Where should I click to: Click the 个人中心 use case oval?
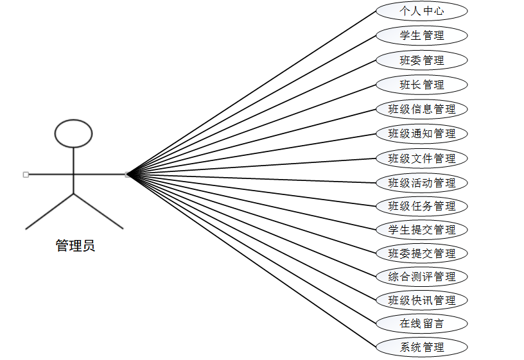click(421, 11)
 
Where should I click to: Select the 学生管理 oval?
click(421, 35)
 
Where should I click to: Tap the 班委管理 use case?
click(421, 60)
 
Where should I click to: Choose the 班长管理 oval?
click(421, 85)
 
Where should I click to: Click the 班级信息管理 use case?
click(421, 109)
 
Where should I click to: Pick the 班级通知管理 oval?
click(421, 133)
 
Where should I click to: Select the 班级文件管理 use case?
click(421, 159)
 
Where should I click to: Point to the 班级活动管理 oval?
click(421, 183)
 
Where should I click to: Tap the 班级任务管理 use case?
click(421, 206)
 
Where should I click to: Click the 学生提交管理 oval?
click(421, 230)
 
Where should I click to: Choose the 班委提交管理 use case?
click(421, 253)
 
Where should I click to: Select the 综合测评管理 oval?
click(421, 277)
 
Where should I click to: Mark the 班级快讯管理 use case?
click(421, 300)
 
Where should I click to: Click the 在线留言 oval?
click(421, 323)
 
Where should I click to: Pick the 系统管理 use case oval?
click(421, 347)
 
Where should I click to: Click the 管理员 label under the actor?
click(75, 246)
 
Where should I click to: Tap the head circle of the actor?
click(74, 133)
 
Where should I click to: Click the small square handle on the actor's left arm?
click(26, 174)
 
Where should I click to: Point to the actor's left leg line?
click(50, 211)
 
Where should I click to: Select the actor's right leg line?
click(98, 211)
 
